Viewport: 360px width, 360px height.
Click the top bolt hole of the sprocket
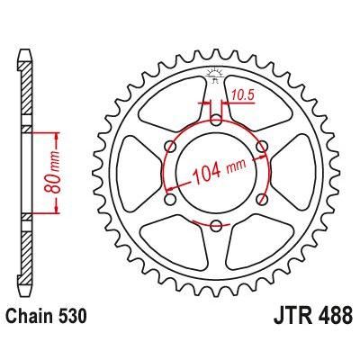pos(217,117)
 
